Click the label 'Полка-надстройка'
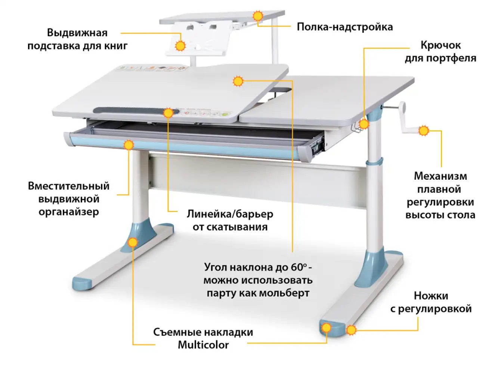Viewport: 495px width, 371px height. click(344, 27)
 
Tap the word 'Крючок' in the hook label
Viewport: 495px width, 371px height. click(440, 45)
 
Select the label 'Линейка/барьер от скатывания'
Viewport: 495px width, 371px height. click(230, 220)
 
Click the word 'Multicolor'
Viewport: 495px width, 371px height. click(203, 345)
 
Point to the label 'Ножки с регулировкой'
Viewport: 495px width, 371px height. click(431, 302)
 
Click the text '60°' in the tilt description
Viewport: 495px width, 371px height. click(298, 267)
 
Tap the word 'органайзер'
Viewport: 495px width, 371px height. click(69, 212)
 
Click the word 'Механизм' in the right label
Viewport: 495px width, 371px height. click(440, 176)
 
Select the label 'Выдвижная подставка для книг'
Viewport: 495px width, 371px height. click(77, 39)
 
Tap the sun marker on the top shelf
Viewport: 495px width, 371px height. click(258, 16)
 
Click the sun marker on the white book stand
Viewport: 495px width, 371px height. click(180, 46)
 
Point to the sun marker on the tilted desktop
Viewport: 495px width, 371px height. click(238, 81)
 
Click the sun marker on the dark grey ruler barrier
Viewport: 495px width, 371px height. click(168, 112)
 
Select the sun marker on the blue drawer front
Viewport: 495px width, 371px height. click(129, 145)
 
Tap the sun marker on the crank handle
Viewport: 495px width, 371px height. click(424, 131)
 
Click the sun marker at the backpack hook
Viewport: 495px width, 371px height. click(363, 124)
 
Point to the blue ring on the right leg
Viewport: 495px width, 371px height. click(374, 161)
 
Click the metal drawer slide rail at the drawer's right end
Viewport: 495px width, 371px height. click(317, 146)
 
